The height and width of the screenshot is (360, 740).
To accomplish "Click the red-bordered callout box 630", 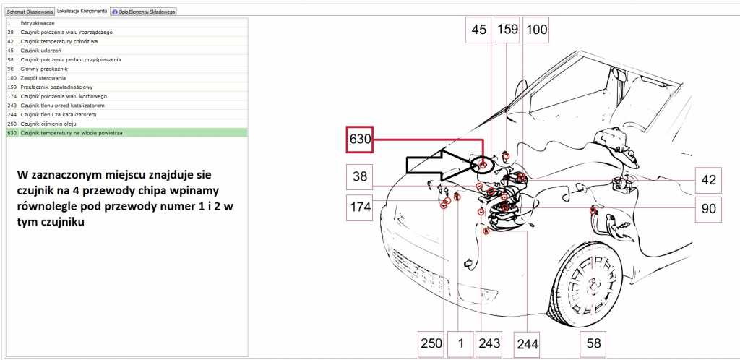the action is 360,140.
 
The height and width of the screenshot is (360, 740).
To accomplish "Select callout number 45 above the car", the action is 478,30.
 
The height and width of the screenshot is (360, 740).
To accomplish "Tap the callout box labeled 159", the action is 507,30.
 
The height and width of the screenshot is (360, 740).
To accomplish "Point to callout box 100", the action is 536,30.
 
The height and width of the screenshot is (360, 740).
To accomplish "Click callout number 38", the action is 360,177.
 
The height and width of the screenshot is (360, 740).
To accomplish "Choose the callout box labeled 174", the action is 360,207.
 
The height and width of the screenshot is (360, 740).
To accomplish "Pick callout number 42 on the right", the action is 708,180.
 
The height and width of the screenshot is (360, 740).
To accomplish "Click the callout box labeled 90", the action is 708,209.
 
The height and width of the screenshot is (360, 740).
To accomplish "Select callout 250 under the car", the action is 431,343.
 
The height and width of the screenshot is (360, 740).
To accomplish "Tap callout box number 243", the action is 489,343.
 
